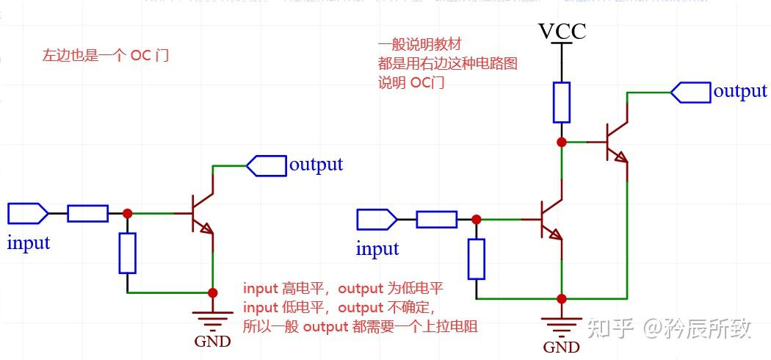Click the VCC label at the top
tap(562, 31)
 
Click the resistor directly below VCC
tap(562, 102)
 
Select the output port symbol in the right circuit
tap(691, 93)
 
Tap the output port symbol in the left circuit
tap(267, 165)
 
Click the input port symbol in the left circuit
tap(28, 214)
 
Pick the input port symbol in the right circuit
tap(377, 219)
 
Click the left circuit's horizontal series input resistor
tap(87, 214)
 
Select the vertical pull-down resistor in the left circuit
tap(127, 253)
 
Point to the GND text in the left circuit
tap(212, 341)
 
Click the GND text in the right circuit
tap(562, 347)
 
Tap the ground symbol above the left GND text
tap(212, 319)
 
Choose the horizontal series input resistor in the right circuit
tap(436, 219)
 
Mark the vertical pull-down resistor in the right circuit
tap(477, 259)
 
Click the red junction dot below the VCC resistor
tap(562, 142)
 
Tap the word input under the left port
tap(29, 242)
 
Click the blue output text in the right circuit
tap(740, 91)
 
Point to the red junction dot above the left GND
tap(212, 292)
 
